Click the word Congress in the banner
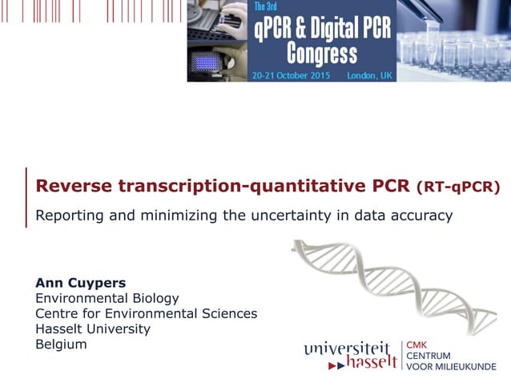pos(323,54)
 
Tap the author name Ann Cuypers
pos(80,282)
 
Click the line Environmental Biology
pos(107,298)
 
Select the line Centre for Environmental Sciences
pos(146,313)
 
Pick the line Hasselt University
pos(92,329)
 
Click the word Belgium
pos(61,344)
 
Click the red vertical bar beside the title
pos(26,197)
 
